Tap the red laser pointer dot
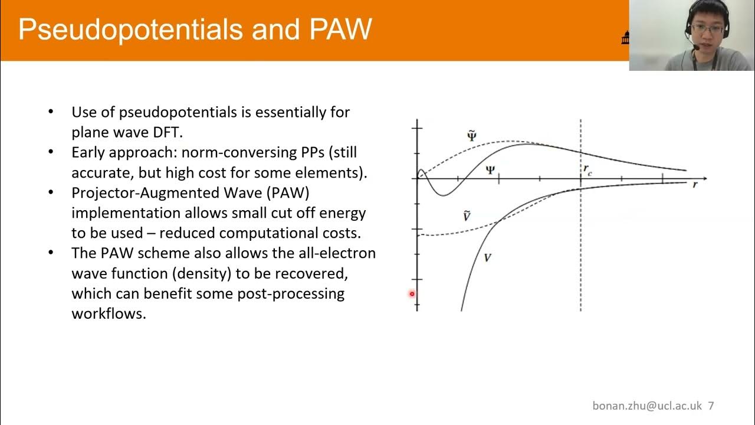point(412,294)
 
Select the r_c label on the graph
point(587,170)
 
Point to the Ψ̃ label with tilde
point(471,136)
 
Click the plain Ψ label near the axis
point(490,170)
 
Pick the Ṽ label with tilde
point(467,217)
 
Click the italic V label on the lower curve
point(487,258)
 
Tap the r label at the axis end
point(695,185)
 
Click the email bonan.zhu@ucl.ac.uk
point(647,406)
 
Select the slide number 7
point(711,406)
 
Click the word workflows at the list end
point(108,313)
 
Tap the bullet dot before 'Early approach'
point(51,152)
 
